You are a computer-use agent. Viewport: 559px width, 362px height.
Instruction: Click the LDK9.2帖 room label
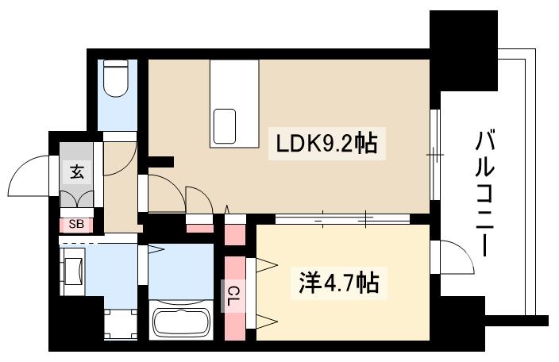[326, 144]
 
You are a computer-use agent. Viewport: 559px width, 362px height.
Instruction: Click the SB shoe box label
[75, 224]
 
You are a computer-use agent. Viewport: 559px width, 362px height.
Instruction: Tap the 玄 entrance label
[76, 171]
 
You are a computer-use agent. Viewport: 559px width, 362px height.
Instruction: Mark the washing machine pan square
[121, 325]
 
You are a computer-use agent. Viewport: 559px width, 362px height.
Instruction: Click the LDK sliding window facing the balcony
[434, 155]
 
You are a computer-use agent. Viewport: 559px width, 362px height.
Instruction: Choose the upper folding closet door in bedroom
[266, 265]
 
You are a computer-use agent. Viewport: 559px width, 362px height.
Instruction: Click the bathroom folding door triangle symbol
[156, 250]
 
